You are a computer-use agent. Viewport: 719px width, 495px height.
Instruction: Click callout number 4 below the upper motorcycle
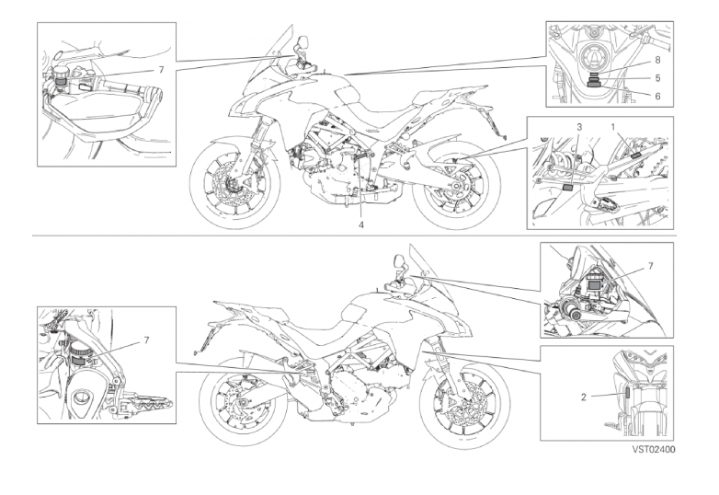(x=361, y=224)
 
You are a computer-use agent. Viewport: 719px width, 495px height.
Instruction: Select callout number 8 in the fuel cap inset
(x=657, y=60)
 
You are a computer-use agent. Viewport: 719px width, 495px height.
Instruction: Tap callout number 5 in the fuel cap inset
(x=657, y=78)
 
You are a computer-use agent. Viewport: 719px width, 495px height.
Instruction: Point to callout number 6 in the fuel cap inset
(x=657, y=96)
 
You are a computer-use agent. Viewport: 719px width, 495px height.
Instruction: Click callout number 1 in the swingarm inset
(x=612, y=126)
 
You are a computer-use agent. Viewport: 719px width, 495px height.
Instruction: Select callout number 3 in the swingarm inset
(x=579, y=126)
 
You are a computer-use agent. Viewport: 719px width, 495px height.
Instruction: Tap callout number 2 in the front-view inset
(x=584, y=397)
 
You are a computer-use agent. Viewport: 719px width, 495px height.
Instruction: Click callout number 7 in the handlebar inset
(x=161, y=70)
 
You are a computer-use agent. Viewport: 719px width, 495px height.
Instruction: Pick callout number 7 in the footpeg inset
(x=146, y=340)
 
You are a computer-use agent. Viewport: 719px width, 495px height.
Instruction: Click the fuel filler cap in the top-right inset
(x=595, y=58)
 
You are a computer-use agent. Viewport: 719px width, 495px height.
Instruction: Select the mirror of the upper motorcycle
(x=302, y=43)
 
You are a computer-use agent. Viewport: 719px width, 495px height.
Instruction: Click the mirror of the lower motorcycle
(x=398, y=263)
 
